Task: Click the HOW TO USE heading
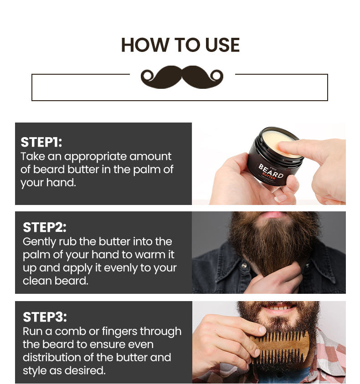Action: (180, 45)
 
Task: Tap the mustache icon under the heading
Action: (182, 77)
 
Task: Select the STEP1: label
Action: (41, 142)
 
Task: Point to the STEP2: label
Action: (45, 227)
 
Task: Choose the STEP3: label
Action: (45, 317)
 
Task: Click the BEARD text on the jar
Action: (271, 171)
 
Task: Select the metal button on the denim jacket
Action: (244, 265)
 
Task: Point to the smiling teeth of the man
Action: (280, 307)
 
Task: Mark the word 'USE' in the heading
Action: (222, 45)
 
